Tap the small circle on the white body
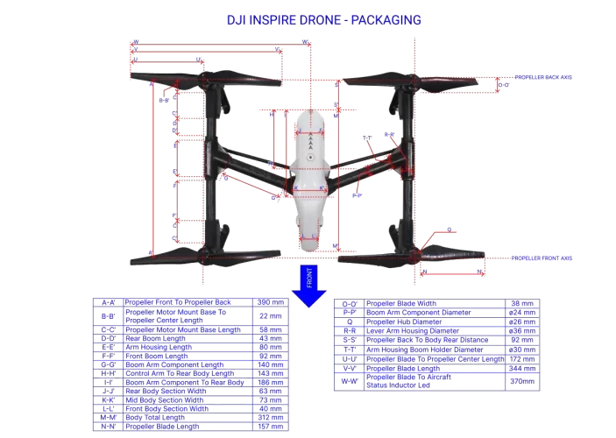pyautogui.click(x=309, y=157)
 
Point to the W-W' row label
pyautogui.click(x=349, y=381)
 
